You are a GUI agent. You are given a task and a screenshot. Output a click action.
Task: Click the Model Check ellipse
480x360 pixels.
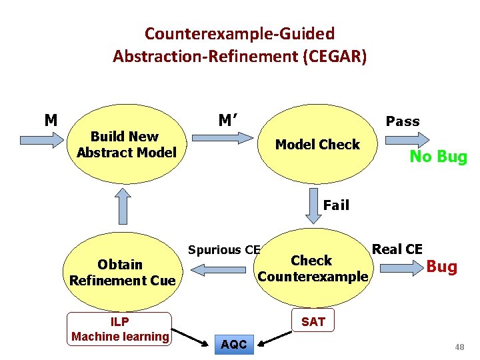click(x=317, y=145)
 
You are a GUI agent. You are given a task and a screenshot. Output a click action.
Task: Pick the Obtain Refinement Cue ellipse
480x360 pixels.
click(x=122, y=272)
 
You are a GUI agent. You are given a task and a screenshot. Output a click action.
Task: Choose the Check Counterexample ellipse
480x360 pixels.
click(x=312, y=268)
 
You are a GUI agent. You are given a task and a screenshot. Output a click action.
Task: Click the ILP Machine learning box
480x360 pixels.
click(x=121, y=329)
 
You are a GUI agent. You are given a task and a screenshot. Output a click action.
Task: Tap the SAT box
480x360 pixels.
click(x=313, y=322)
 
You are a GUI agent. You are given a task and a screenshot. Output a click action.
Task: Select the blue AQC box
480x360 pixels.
click(x=233, y=345)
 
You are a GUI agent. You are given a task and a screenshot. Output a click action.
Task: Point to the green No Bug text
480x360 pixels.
click(x=438, y=157)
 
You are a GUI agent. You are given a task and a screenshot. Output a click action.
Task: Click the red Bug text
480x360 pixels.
click(x=441, y=267)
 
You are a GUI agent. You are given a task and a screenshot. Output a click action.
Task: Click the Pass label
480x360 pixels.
click(x=403, y=121)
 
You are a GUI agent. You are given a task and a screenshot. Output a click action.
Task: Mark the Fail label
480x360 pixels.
click(x=336, y=205)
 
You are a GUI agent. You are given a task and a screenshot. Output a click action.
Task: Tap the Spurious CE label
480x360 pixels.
click(x=223, y=250)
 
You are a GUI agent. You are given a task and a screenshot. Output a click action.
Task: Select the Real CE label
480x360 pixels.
click(x=397, y=249)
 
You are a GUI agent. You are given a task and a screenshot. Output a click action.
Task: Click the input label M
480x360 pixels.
click(x=51, y=121)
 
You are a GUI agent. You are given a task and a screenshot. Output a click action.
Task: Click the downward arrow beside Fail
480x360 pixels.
click(x=313, y=206)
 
